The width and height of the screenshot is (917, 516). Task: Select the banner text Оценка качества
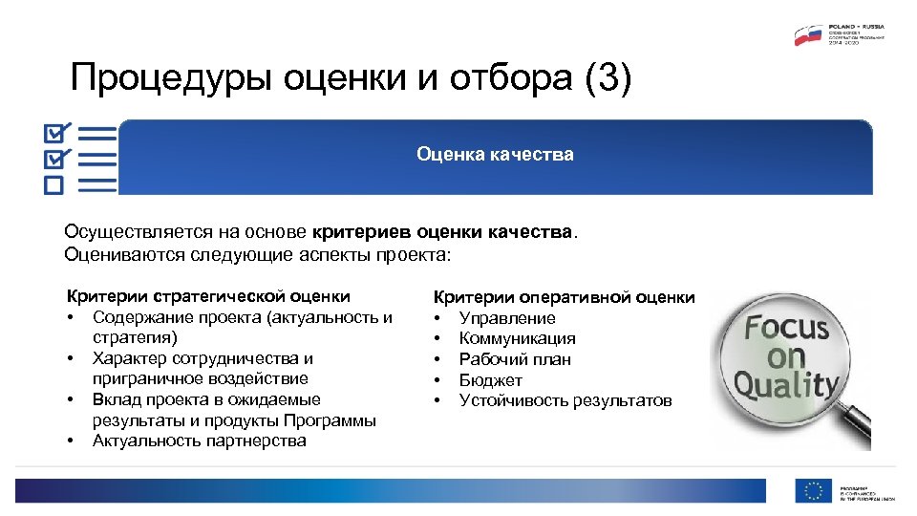495,154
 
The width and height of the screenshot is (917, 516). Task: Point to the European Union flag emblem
814,490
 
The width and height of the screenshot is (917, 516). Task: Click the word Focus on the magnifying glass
787,329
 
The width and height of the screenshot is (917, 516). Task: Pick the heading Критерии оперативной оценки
565,297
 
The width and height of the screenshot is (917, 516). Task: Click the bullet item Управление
507,318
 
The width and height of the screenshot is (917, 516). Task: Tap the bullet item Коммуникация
517,338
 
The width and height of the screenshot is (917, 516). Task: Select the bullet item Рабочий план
515,359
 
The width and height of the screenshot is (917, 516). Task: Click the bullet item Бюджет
491,380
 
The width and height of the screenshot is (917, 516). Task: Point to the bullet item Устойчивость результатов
565,400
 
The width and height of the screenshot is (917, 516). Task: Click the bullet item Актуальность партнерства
199,441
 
